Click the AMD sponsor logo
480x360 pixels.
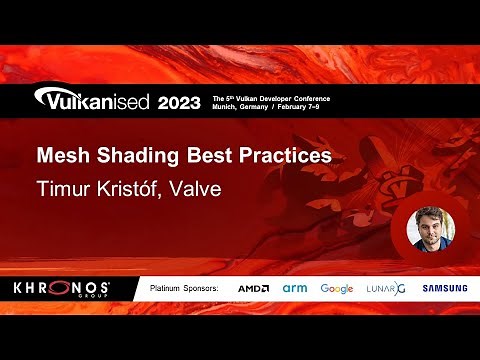click(x=253, y=289)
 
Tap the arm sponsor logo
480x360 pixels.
click(x=294, y=289)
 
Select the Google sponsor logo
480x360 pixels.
click(x=337, y=289)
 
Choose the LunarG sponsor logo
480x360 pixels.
click(x=386, y=289)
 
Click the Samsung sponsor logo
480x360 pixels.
click(x=444, y=289)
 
